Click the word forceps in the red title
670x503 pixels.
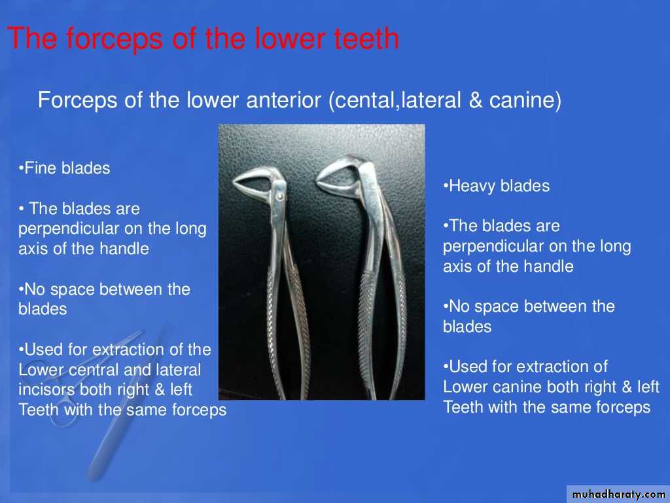pos(115,39)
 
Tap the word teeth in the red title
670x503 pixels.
pos(366,39)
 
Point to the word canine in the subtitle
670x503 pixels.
pos(521,100)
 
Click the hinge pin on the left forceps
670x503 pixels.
pos(279,196)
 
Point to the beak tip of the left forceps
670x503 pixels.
pos(235,183)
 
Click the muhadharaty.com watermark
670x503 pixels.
pos(618,494)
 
